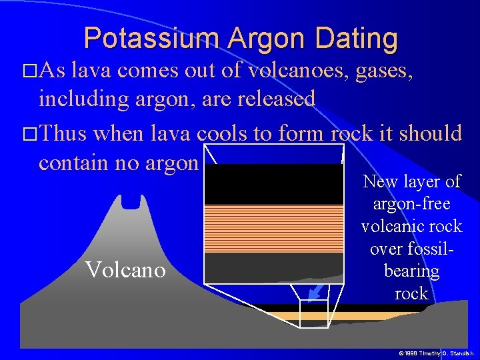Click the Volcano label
[x=126, y=270]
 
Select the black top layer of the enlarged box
[x=273, y=184]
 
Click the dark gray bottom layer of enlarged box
[x=273, y=267]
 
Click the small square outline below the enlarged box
[x=314, y=313]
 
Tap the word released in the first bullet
[x=273, y=99]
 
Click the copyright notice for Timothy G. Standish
[x=435, y=352]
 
